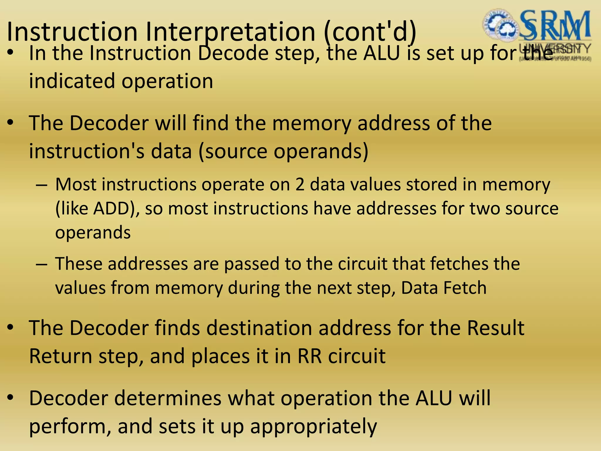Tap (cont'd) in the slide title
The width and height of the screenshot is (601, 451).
(370, 32)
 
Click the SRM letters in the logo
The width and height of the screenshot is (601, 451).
(555, 25)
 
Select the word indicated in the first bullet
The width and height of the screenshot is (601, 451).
(72, 81)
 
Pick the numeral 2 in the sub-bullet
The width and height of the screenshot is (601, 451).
(300, 185)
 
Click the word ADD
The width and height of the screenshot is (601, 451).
(112, 209)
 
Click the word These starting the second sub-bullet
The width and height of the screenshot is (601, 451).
(78, 263)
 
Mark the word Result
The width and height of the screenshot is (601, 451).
(496, 328)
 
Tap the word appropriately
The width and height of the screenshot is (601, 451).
(313, 427)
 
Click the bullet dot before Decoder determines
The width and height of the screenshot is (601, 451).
(11, 398)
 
